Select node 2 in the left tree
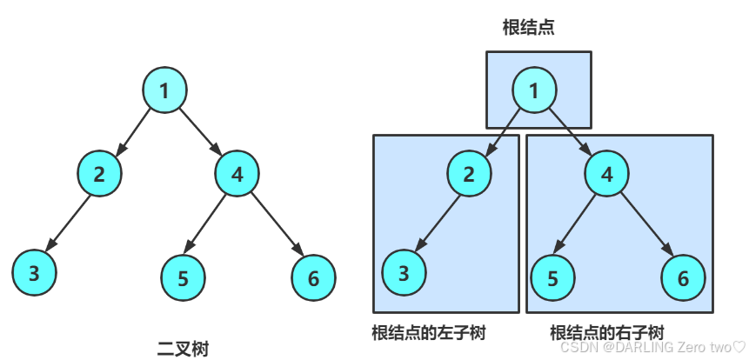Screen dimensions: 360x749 click(99, 173)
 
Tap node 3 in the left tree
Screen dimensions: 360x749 click(34, 273)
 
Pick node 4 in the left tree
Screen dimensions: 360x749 click(237, 173)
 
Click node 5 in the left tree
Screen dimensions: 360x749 click(183, 278)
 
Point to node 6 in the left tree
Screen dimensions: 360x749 click(313, 278)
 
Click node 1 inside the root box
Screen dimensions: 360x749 click(534, 90)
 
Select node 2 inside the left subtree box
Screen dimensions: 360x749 click(470, 173)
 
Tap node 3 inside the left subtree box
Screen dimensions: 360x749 click(404, 273)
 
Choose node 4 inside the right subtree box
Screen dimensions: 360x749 click(607, 173)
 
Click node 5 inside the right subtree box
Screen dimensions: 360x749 click(553, 278)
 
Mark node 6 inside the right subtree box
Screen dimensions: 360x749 click(683, 278)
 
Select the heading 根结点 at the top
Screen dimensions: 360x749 click(528, 28)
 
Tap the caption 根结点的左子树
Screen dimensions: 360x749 click(428, 333)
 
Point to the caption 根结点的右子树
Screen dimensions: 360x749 click(607, 333)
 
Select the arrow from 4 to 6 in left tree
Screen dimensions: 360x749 click(276, 225)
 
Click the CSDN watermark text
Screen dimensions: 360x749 click(647, 347)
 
